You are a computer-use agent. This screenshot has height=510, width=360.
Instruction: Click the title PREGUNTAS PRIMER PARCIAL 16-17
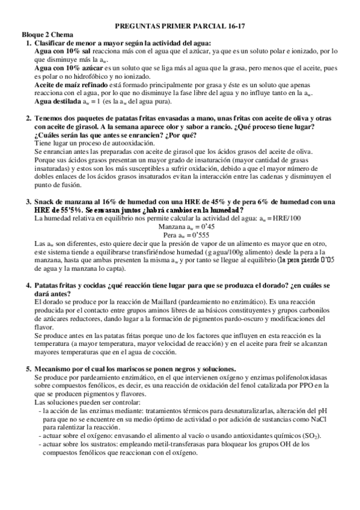click(180, 27)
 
